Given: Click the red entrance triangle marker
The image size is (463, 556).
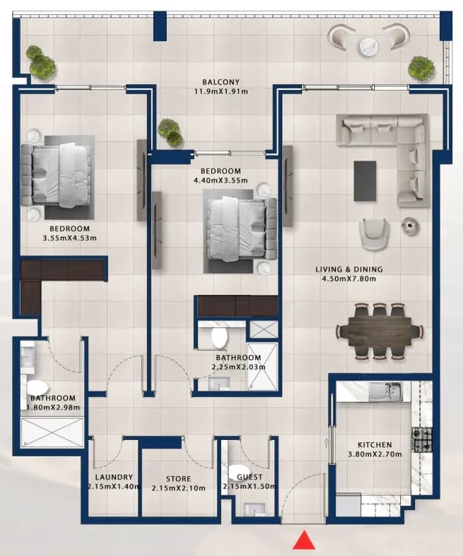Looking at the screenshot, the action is [304, 540].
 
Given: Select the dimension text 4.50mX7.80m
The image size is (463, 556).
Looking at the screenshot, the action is [349, 279].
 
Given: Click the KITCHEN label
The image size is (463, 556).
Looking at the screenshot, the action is [375, 445].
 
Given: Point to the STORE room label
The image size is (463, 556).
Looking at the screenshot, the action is [179, 479].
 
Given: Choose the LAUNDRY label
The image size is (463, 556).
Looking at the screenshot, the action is [114, 477].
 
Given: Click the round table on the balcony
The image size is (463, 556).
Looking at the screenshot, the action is [369, 46].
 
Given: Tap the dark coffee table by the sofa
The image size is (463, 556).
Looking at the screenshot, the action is [365, 181].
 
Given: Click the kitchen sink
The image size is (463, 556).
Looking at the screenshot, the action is [386, 391].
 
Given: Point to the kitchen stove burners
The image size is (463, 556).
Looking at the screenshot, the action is [422, 439].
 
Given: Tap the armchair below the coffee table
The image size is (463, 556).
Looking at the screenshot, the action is [374, 234].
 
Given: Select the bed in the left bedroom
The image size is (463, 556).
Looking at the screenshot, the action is [56, 175].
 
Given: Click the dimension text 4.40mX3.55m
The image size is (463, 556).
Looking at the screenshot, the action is [221, 180].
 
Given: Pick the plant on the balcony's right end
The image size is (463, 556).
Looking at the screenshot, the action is [421, 67].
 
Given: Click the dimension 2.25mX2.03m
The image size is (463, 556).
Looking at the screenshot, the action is [238, 367].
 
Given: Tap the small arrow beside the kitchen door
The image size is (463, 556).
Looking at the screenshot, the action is [327, 442].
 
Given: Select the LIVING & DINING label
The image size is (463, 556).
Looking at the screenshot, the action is [349, 270].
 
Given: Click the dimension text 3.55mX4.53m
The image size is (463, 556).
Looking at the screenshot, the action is [69, 238].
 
